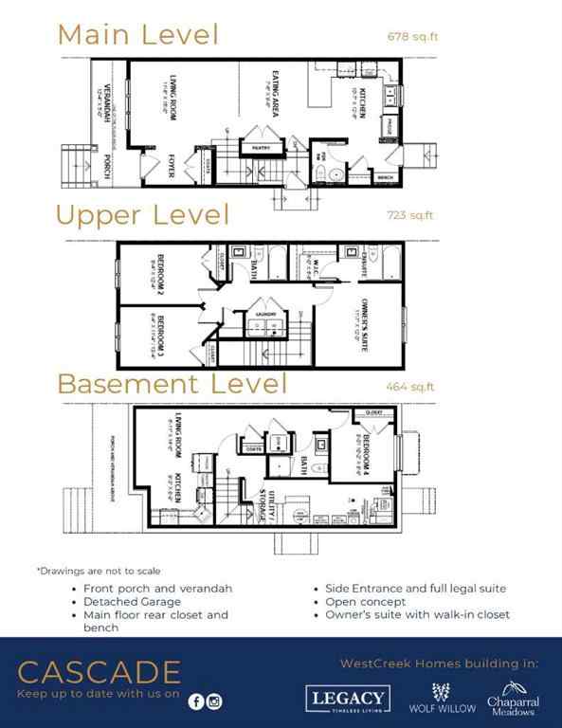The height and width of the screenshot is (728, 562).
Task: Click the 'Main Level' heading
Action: point(137,34)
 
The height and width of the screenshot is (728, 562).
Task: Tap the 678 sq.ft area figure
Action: point(411,38)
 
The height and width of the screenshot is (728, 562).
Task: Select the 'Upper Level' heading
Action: point(142,215)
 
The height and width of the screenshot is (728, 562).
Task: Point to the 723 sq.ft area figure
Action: point(410,215)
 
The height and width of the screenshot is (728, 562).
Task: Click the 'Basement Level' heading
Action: point(172,384)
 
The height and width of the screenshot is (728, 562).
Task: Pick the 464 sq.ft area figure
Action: point(410,386)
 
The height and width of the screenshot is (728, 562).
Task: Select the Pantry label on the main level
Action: point(254,149)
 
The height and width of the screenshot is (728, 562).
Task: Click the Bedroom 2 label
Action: point(160,271)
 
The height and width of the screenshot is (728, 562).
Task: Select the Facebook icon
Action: point(196,701)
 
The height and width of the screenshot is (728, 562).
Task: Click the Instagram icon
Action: point(215,701)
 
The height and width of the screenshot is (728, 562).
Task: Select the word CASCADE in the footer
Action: point(99,673)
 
